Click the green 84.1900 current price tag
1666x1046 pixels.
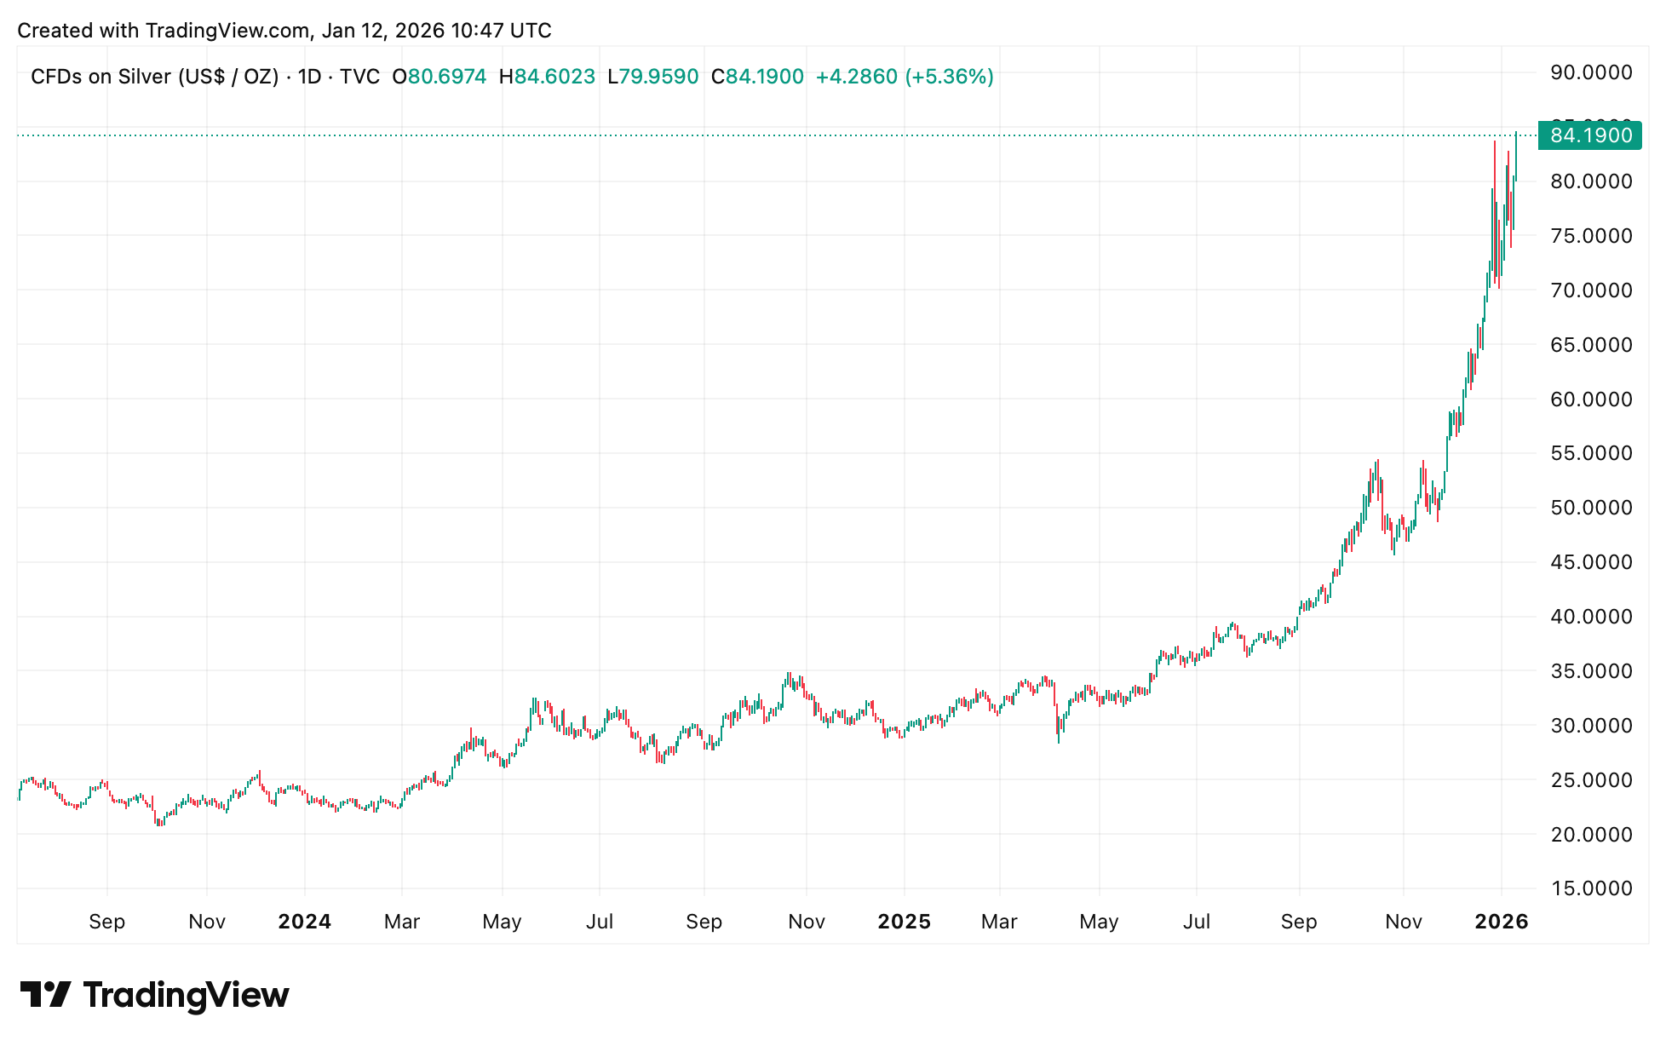point(1589,135)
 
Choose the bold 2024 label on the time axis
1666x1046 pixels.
point(305,922)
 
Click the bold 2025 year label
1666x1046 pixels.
point(905,922)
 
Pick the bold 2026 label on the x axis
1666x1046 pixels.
point(1502,922)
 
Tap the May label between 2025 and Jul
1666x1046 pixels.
point(1099,922)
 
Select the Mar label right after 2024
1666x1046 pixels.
point(402,922)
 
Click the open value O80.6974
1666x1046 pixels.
point(439,77)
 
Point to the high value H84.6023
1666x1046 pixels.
point(547,77)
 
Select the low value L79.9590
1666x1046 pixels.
point(653,77)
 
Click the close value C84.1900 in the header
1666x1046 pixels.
point(758,77)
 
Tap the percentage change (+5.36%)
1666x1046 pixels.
point(949,77)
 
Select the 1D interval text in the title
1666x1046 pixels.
point(309,77)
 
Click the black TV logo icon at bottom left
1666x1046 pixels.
point(45,994)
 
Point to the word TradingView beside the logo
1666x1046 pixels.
point(187,995)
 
